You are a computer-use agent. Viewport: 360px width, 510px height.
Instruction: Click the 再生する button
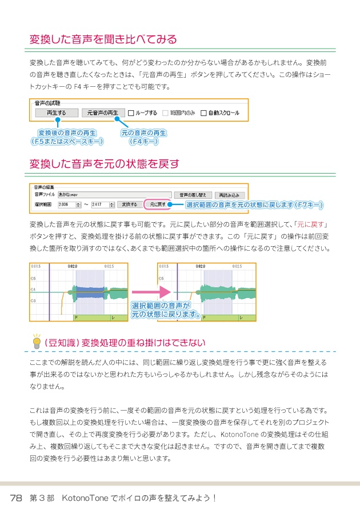tap(55, 113)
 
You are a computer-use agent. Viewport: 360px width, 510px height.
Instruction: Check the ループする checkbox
tap(131, 113)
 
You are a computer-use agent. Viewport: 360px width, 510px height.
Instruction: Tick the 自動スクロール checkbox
tap(204, 113)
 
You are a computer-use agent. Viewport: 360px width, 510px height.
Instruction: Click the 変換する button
tap(130, 204)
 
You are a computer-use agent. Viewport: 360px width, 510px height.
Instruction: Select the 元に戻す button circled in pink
tap(157, 204)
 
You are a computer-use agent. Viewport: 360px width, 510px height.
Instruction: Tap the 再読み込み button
tap(229, 194)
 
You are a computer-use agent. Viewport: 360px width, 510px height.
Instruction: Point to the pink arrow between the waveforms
tap(142, 292)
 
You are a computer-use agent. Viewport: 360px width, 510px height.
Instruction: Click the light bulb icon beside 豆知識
tap(37, 341)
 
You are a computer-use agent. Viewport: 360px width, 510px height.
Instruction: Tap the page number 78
tap(16, 497)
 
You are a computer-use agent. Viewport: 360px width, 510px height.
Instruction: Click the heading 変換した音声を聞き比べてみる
tap(103, 39)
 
